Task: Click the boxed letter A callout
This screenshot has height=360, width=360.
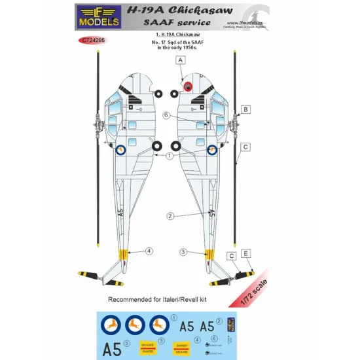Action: pyautogui.click(x=179, y=60)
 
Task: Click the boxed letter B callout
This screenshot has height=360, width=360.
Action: pyautogui.click(x=245, y=109)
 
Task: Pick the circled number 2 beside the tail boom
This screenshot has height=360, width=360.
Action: pyautogui.click(x=170, y=216)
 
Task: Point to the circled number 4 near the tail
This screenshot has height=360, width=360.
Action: pyautogui.click(x=149, y=250)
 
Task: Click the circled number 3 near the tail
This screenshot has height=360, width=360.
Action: pyautogui.click(x=183, y=251)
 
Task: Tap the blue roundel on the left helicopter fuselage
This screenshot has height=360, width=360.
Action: pyautogui.click(x=120, y=150)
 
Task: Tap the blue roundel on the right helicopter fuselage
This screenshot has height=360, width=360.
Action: pyautogui.click(x=212, y=151)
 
